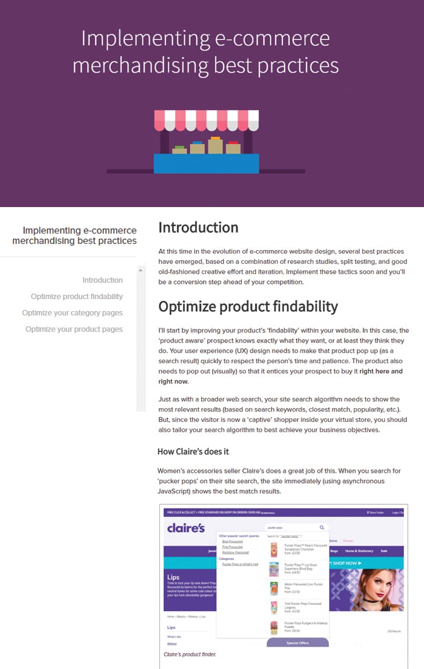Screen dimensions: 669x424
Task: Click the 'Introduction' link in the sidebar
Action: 102,280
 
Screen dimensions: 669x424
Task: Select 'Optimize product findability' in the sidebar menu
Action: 77,297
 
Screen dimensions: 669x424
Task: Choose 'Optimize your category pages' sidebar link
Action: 72,313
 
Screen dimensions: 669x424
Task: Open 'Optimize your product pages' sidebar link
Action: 74,329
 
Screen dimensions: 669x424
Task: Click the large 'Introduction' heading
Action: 198,228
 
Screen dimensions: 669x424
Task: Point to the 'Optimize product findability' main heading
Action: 248,306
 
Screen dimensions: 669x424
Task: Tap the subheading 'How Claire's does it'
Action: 193,452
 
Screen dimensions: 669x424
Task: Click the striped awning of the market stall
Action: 206,120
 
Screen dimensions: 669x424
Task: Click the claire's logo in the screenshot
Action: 186,528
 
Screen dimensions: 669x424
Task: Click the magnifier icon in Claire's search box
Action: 322,527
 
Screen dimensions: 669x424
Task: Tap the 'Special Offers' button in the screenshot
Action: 297,642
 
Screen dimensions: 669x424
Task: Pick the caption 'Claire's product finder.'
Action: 190,654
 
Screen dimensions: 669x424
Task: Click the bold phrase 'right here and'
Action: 380,371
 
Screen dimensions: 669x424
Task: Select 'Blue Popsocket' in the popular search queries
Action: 232,541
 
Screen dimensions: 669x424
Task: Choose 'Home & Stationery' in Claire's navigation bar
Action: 359,551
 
